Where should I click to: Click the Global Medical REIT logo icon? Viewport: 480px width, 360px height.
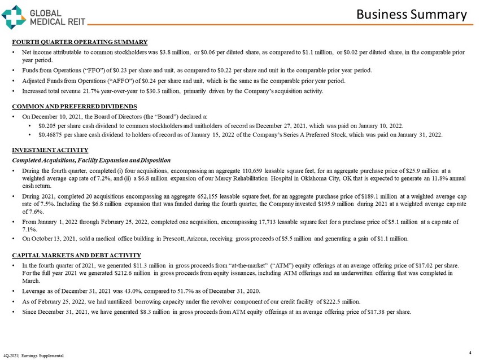click(x=13, y=16)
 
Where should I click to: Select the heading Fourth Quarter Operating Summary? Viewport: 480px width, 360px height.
click(x=80, y=42)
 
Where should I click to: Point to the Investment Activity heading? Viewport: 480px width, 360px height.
click(x=50, y=150)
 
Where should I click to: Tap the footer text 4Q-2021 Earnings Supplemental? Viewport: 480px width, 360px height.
click(x=33, y=355)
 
